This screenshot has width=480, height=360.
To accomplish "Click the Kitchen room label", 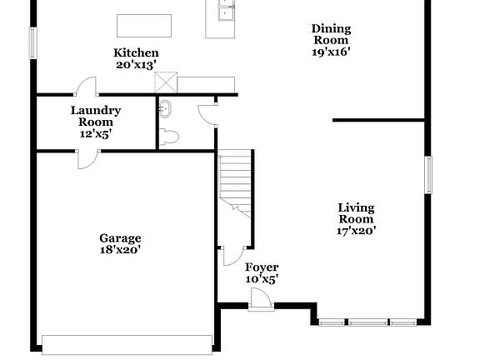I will pyautogui.click(x=136, y=53).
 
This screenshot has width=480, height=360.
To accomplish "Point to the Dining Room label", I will pyautogui.click(x=331, y=34).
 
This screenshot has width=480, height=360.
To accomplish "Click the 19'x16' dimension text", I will pyautogui.click(x=331, y=51).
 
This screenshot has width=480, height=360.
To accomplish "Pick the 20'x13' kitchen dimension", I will pyautogui.click(x=137, y=65).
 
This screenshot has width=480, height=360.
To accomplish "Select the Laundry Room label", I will pyautogui.click(x=96, y=116).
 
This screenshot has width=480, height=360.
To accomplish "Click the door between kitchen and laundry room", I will pyautogui.click(x=87, y=86).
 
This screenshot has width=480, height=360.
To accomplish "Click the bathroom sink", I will pyautogui.click(x=164, y=108).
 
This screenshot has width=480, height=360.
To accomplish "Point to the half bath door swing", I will pyautogui.click(x=207, y=114).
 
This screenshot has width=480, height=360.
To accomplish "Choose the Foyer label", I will pyautogui.click(x=261, y=267).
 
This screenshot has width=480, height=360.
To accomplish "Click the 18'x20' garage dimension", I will pyautogui.click(x=121, y=249).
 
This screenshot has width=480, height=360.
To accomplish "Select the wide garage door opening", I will pyautogui.click(x=127, y=343).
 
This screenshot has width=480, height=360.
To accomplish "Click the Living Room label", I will pyautogui.click(x=356, y=213).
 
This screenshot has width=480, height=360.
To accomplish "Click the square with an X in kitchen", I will pyautogui.click(x=167, y=81).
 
